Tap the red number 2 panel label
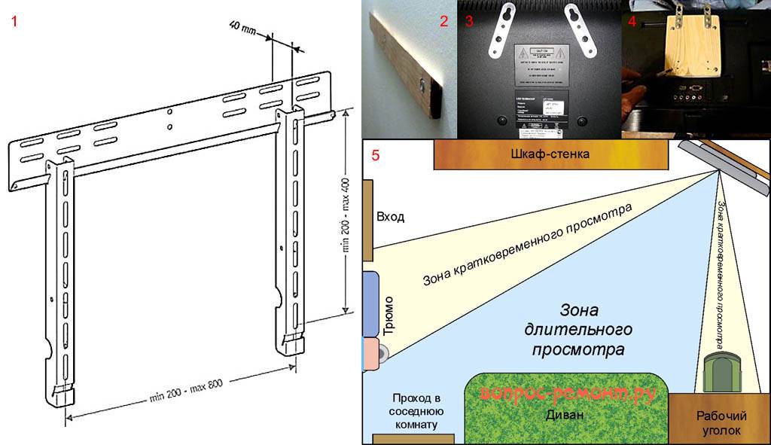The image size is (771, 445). point(444,21)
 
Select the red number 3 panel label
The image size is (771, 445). point(469,21)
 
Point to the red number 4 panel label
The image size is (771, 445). point(632,21)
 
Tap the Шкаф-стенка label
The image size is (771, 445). point(552,155)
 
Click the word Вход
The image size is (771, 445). point(390,217)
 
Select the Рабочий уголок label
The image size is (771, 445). point(720,423)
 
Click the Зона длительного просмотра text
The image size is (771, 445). point(577,329)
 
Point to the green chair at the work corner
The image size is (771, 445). point(722,372)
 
